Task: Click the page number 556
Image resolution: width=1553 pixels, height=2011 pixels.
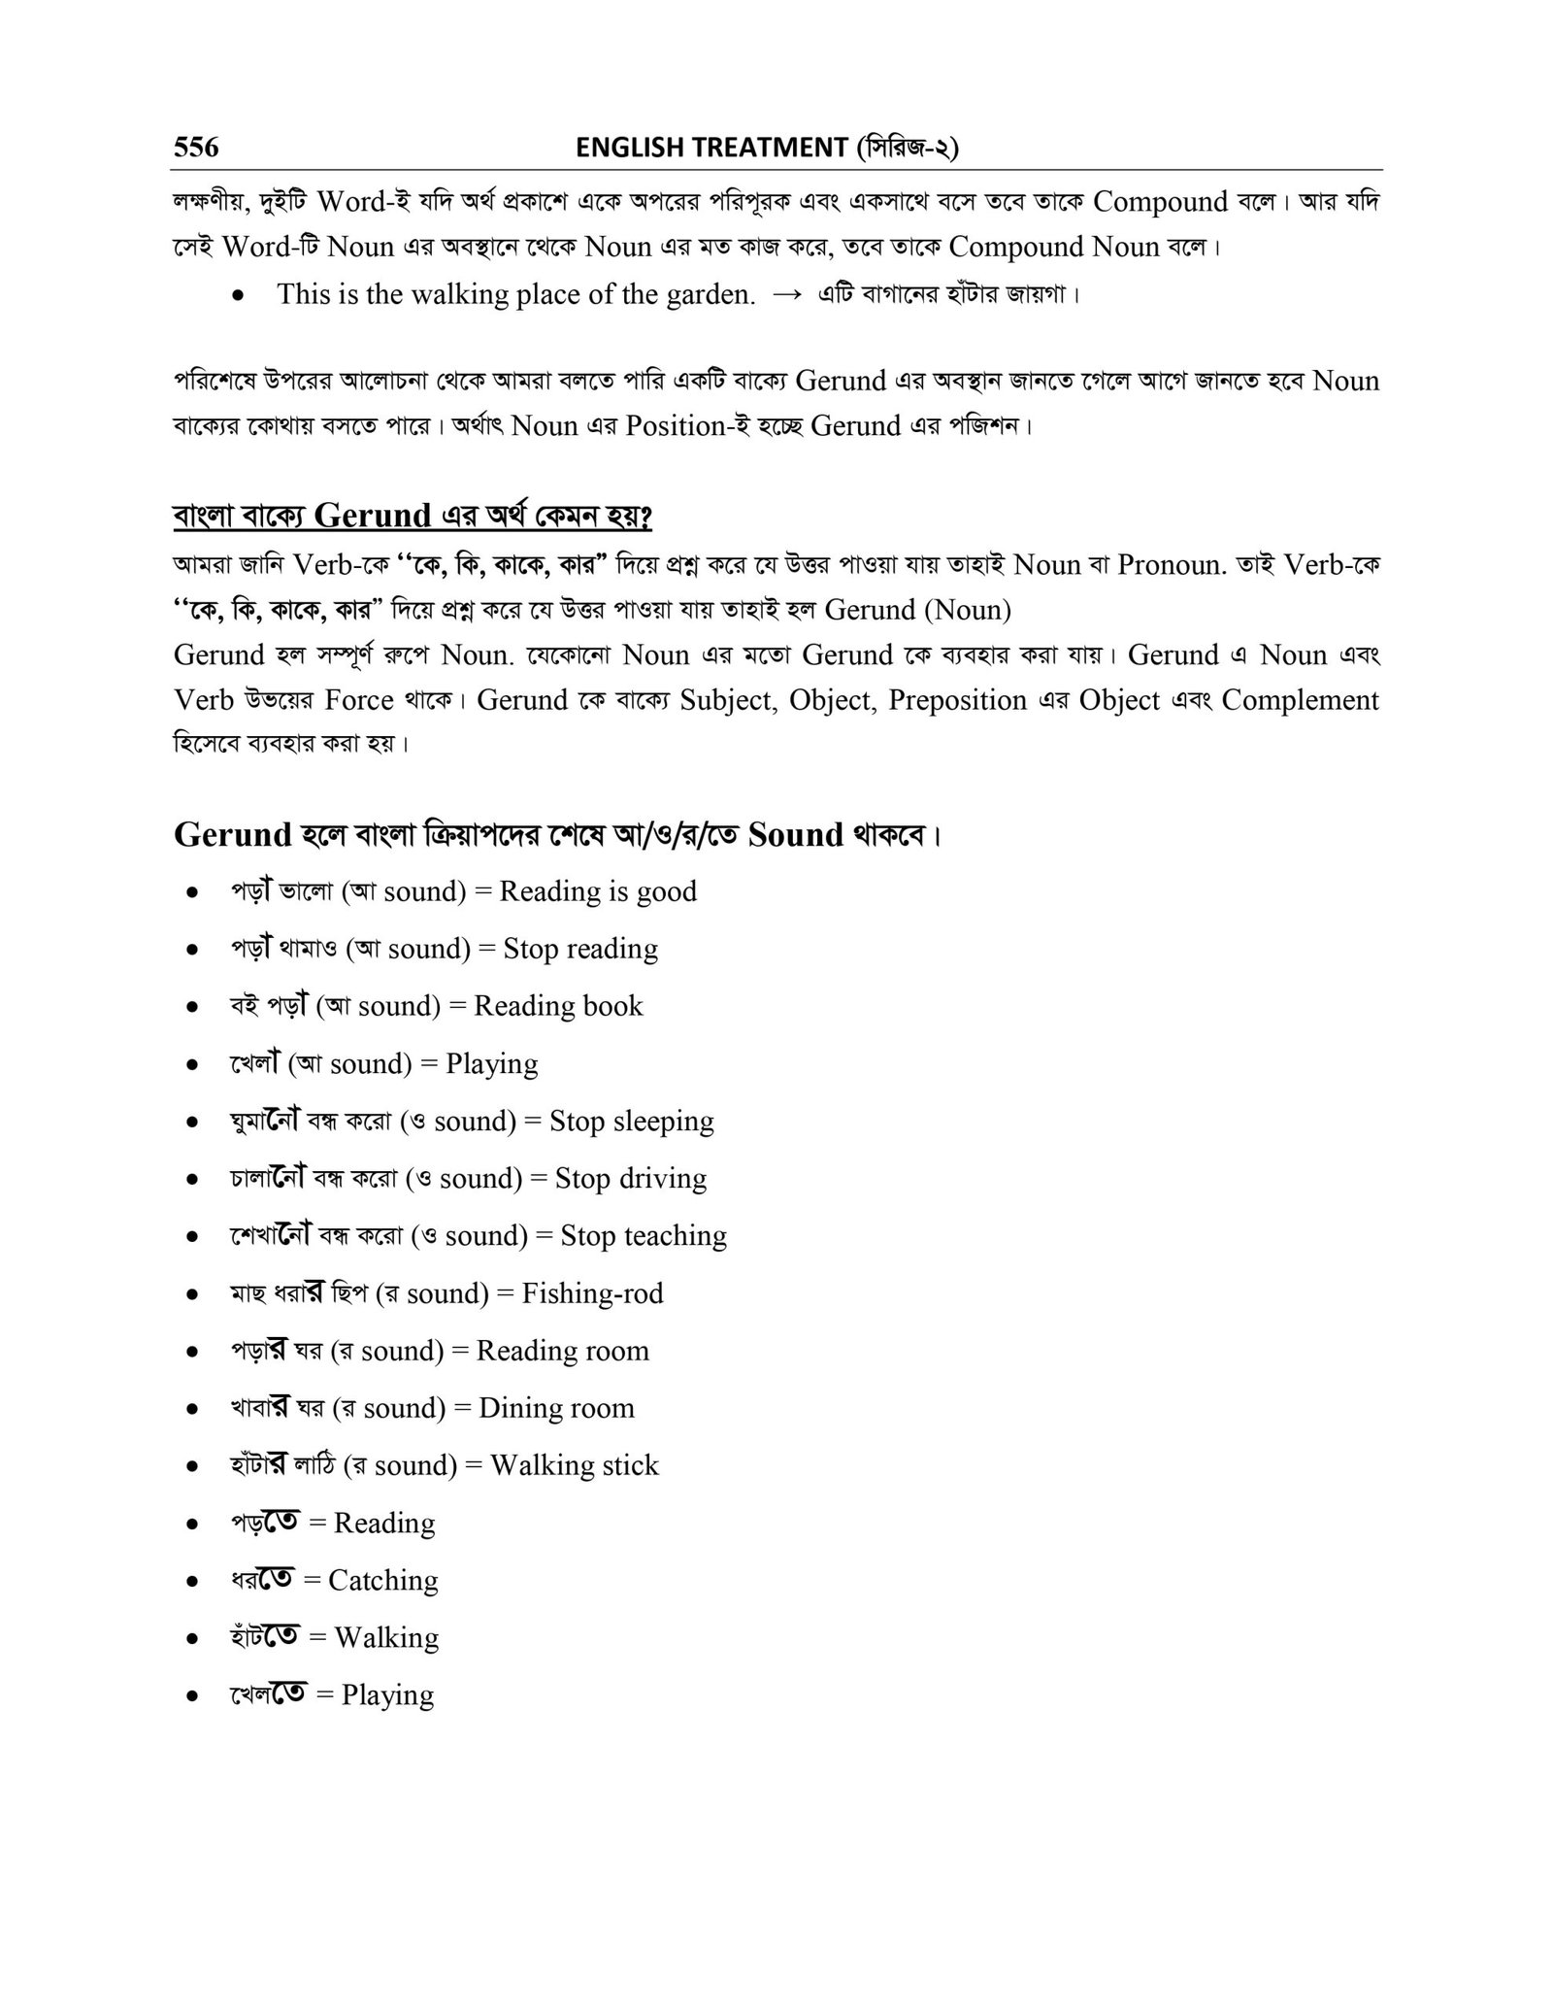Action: (x=196, y=147)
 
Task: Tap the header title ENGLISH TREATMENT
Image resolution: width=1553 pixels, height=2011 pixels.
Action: (x=711, y=147)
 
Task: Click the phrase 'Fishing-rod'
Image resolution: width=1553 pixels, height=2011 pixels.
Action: (x=592, y=1293)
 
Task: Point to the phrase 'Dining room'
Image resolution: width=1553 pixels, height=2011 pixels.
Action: (x=556, y=1408)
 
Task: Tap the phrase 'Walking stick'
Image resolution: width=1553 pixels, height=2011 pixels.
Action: (x=574, y=1465)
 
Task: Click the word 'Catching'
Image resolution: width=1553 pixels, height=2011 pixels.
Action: (x=382, y=1580)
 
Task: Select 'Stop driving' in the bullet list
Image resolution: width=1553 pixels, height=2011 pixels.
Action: (x=630, y=1179)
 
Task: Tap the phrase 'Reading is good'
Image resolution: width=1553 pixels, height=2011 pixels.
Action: (x=598, y=891)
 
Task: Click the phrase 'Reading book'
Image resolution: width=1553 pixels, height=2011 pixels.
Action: (x=558, y=1006)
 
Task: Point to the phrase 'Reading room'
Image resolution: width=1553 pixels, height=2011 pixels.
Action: (x=562, y=1351)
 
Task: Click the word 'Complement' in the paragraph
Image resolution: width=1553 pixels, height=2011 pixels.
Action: (x=1300, y=700)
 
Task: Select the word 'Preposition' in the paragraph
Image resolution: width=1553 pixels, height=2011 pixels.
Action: (x=957, y=700)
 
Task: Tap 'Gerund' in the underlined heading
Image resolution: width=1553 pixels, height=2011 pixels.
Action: (x=373, y=516)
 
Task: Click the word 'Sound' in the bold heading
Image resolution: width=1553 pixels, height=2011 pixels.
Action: (x=796, y=835)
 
